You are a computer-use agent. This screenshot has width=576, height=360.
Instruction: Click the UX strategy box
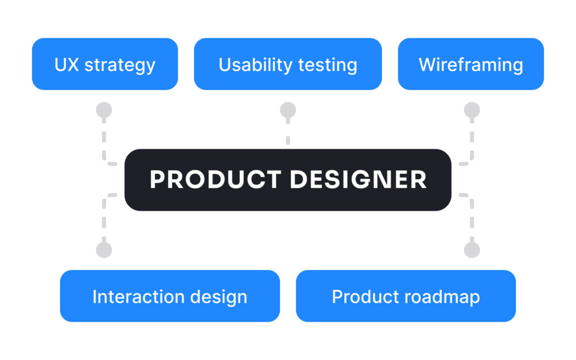coord(105,64)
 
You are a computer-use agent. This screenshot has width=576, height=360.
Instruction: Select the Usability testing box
coord(287,64)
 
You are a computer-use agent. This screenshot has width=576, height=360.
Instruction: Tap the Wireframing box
coord(471,64)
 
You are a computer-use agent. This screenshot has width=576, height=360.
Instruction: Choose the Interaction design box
coord(170,296)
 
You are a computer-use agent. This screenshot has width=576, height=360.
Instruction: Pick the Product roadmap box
coord(406,296)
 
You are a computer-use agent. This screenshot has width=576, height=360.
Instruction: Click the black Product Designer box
coord(287,179)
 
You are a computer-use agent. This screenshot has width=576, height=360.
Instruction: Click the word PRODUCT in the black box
coord(215,179)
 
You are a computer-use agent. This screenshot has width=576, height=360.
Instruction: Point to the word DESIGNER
coord(358,179)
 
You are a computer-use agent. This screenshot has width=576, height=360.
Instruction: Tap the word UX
coord(66,65)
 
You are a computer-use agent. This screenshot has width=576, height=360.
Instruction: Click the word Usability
coord(255,65)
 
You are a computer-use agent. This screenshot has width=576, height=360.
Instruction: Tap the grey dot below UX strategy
coord(104,110)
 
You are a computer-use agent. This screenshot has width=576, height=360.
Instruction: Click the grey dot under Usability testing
coord(288,110)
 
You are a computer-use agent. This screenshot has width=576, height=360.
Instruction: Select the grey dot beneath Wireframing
coord(472,110)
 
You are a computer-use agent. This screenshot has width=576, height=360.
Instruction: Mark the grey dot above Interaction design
coord(104,250)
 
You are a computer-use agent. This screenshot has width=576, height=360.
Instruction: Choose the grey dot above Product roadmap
coord(472,250)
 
